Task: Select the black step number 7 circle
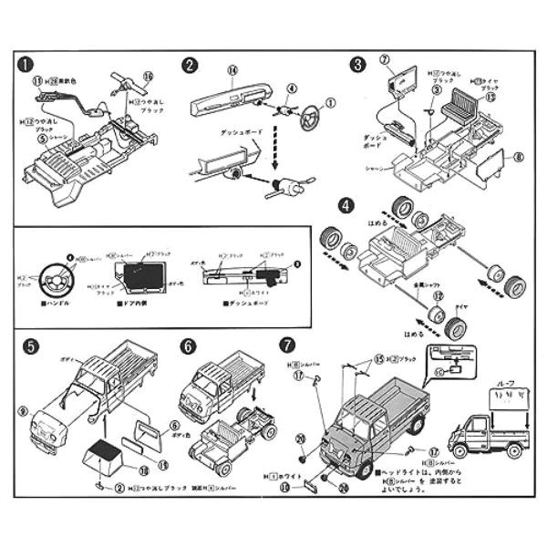point(288,346)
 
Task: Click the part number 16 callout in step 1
point(150,77)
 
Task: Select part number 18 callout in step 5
point(143,470)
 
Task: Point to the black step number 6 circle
point(189,346)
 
